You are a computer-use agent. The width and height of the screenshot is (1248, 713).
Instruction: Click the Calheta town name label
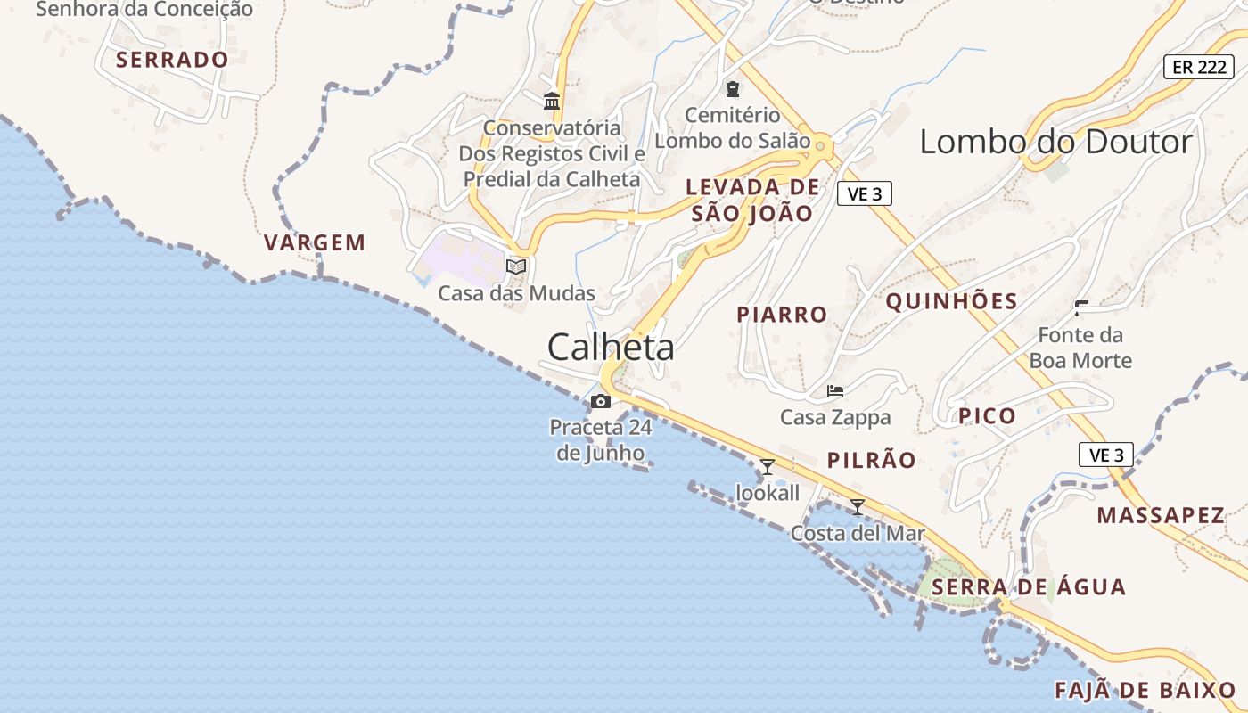point(611,348)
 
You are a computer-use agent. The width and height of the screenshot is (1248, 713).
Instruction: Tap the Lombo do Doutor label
point(1055,142)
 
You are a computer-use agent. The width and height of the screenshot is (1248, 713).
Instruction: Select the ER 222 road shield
point(1198,67)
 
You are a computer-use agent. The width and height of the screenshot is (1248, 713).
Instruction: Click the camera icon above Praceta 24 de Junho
point(601,401)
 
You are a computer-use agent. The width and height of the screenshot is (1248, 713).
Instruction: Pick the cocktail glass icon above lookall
point(767,466)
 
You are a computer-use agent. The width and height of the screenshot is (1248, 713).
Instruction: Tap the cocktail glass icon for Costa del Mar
point(858,507)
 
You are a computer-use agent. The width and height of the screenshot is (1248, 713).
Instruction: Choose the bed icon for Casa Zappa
point(835,390)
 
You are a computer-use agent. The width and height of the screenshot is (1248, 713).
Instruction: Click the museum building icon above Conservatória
point(552,101)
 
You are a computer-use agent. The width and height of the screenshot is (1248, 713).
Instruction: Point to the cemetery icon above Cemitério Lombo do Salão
point(733,88)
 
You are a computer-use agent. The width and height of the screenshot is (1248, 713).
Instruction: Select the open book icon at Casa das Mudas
point(516,266)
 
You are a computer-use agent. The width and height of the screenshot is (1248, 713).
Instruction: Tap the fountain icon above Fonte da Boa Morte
point(1081,308)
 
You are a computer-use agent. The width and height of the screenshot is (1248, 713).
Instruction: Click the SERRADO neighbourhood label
point(172,60)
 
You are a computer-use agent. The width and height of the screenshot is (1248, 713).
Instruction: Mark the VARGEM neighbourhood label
point(315,242)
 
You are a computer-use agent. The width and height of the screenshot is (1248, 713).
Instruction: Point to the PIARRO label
point(782,315)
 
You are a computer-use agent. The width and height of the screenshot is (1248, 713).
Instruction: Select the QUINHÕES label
point(951,301)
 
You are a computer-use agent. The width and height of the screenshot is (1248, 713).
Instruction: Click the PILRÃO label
point(871,460)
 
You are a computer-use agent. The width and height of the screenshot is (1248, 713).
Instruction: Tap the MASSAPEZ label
point(1161,515)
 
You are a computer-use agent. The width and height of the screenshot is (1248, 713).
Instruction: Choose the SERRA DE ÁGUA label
point(1028,587)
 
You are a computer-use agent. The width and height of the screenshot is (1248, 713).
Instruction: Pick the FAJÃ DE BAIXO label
point(1145,690)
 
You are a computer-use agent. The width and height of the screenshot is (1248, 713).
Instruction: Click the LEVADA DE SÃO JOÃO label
point(752,200)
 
